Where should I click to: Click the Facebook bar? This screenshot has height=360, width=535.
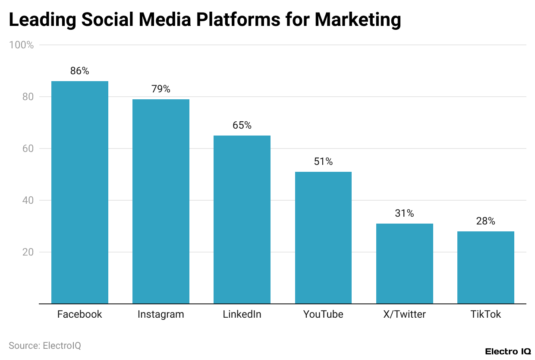80,192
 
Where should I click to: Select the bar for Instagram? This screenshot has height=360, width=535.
161,201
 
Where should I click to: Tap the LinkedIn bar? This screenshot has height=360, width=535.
242,219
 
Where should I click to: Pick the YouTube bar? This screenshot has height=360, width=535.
323,237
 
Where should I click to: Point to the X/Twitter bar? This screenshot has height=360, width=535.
404,263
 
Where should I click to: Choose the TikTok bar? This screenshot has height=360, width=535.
486,267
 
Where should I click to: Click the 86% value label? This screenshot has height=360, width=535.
80,71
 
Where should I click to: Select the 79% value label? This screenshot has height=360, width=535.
161,89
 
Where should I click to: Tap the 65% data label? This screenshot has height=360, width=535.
242,126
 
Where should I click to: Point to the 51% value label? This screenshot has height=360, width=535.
323,162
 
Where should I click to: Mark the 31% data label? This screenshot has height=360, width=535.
404,214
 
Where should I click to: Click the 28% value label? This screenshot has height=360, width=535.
486,221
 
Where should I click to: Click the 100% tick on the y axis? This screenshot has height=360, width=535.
22,45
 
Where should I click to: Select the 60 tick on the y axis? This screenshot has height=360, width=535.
28,148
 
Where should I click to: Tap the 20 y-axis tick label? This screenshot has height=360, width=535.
28,252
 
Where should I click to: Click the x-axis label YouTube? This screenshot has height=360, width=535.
323,315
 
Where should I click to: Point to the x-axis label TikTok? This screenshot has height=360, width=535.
486,315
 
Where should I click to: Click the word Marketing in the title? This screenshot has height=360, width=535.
358,20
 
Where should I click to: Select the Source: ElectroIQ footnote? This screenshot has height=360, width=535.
45,346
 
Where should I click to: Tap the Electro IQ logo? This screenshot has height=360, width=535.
507,351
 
